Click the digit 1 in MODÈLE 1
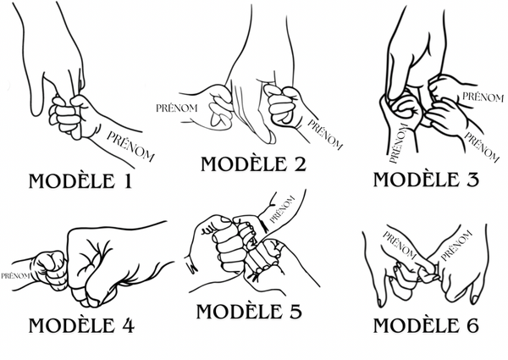pos(128,181)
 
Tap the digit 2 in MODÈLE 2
pos(300,164)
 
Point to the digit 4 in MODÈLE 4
pos(127,325)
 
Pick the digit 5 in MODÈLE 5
pos(295,312)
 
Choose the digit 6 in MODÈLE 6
pos(472,325)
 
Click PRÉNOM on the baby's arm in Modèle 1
pos(130,147)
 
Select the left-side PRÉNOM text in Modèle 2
pos(177,108)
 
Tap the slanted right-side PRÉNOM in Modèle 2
pos(325,135)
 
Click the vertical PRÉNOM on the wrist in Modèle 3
pos(398,143)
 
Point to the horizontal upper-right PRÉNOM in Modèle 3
pos(483,97)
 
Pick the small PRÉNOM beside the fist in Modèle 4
pos(15,276)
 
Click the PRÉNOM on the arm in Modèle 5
pos(282,209)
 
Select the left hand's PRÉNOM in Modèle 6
pos(400,246)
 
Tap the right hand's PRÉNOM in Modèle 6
pos(456,246)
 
